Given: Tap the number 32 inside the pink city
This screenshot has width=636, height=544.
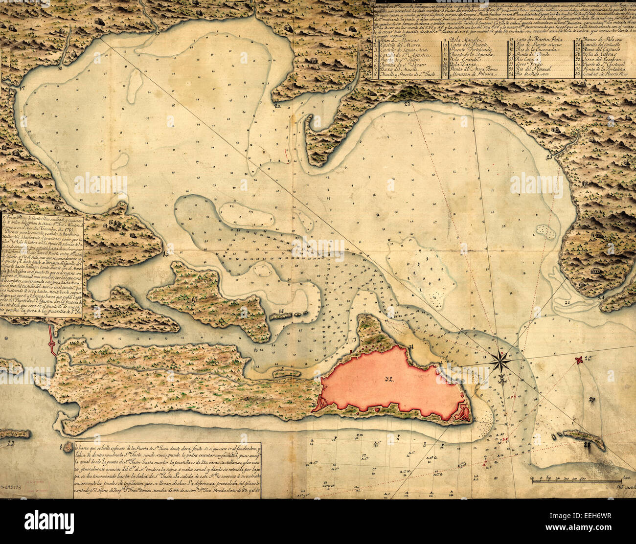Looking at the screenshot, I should coord(390,378).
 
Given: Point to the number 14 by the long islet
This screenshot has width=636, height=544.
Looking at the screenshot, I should coord(281,311).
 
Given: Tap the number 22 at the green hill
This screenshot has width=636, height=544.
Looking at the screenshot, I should coord(408,103).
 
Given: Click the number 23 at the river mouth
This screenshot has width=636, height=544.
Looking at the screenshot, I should coord(549,157).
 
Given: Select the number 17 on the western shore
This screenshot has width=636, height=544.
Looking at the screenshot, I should coord(23,89).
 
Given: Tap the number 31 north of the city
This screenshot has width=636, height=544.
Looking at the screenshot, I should coord(411,347).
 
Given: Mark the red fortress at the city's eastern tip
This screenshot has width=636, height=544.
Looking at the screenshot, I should coord(461,415).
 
